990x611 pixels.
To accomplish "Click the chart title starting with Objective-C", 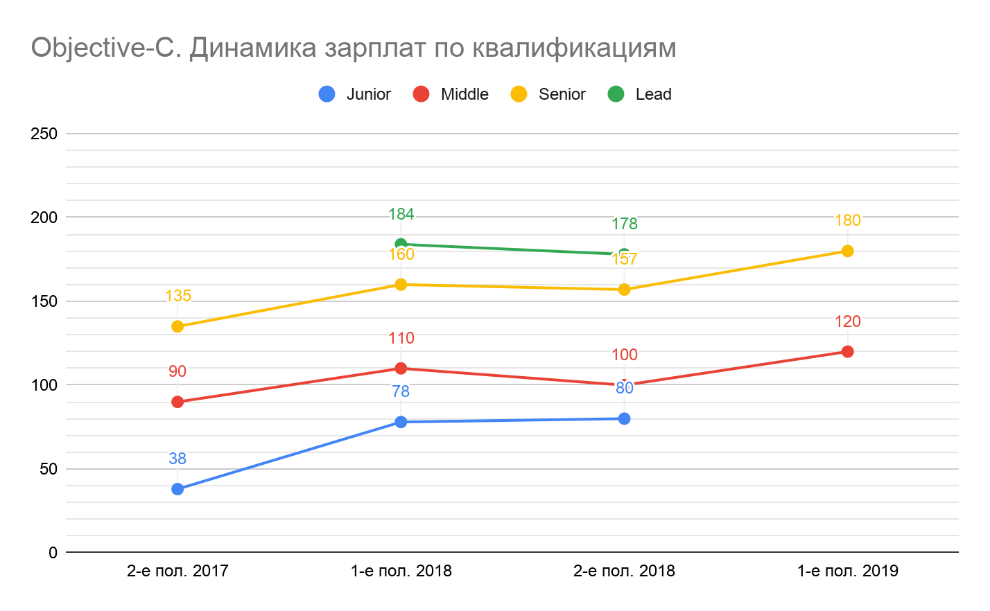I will point(354,48).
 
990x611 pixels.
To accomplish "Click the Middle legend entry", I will point(451,94).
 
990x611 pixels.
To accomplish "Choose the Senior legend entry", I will point(548,94).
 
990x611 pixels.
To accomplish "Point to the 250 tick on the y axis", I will point(44,134).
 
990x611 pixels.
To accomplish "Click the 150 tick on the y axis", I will point(44,301).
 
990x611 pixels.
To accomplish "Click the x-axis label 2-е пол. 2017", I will point(177,571).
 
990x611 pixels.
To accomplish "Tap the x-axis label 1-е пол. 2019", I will point(847,571).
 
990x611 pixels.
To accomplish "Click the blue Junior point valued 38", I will point(177,489).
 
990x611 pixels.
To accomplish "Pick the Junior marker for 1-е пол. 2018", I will point(401,422).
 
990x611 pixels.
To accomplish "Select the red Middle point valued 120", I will point(847,352).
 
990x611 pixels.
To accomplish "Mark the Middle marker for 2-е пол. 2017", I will point(177,402).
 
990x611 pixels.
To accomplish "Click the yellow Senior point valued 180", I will point(847,251).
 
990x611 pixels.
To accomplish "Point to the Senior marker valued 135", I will point(177,326).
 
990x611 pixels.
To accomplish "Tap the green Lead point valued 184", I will point(401,244).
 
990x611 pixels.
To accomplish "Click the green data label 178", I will point(624,224).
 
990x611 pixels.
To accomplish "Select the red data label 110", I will point(401,338).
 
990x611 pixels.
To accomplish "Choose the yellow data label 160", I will point(401,255).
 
